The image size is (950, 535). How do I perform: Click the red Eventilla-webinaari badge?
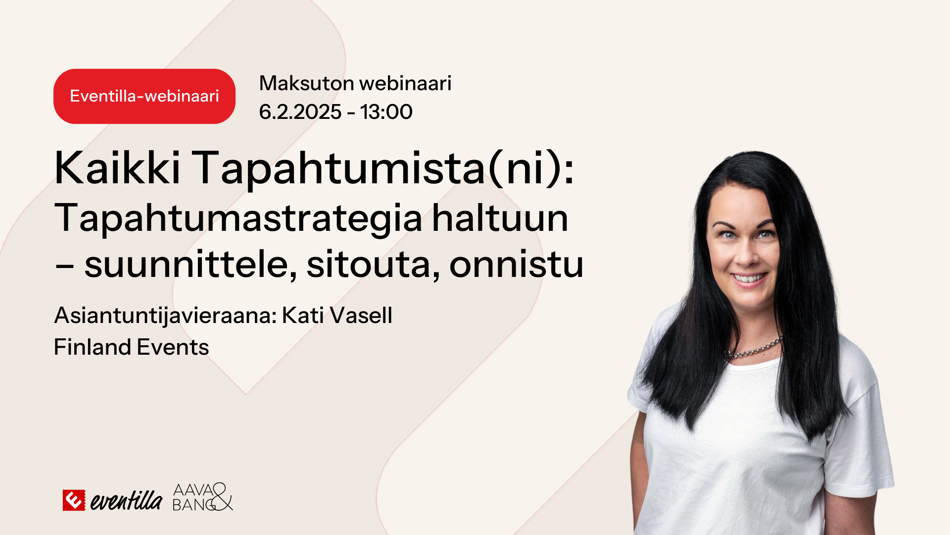point(144,96)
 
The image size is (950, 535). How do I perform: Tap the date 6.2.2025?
point(300,112)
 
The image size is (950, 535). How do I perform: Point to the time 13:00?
point(386,112)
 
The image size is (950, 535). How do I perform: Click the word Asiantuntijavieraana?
point(165,316)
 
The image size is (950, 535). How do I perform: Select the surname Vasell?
point(361,315)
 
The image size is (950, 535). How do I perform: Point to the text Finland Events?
point(132,347)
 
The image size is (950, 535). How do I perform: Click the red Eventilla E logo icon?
point(74,500)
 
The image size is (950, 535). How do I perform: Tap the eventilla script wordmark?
point(126,500)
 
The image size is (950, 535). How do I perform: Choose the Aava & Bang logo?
point(202,497)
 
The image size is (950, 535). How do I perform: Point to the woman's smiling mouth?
point(749,278)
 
